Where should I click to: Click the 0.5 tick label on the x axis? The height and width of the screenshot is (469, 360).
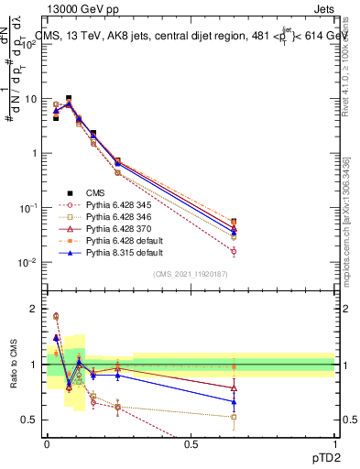coord(191,444)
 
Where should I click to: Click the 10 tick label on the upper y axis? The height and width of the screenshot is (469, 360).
coord(31,99)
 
